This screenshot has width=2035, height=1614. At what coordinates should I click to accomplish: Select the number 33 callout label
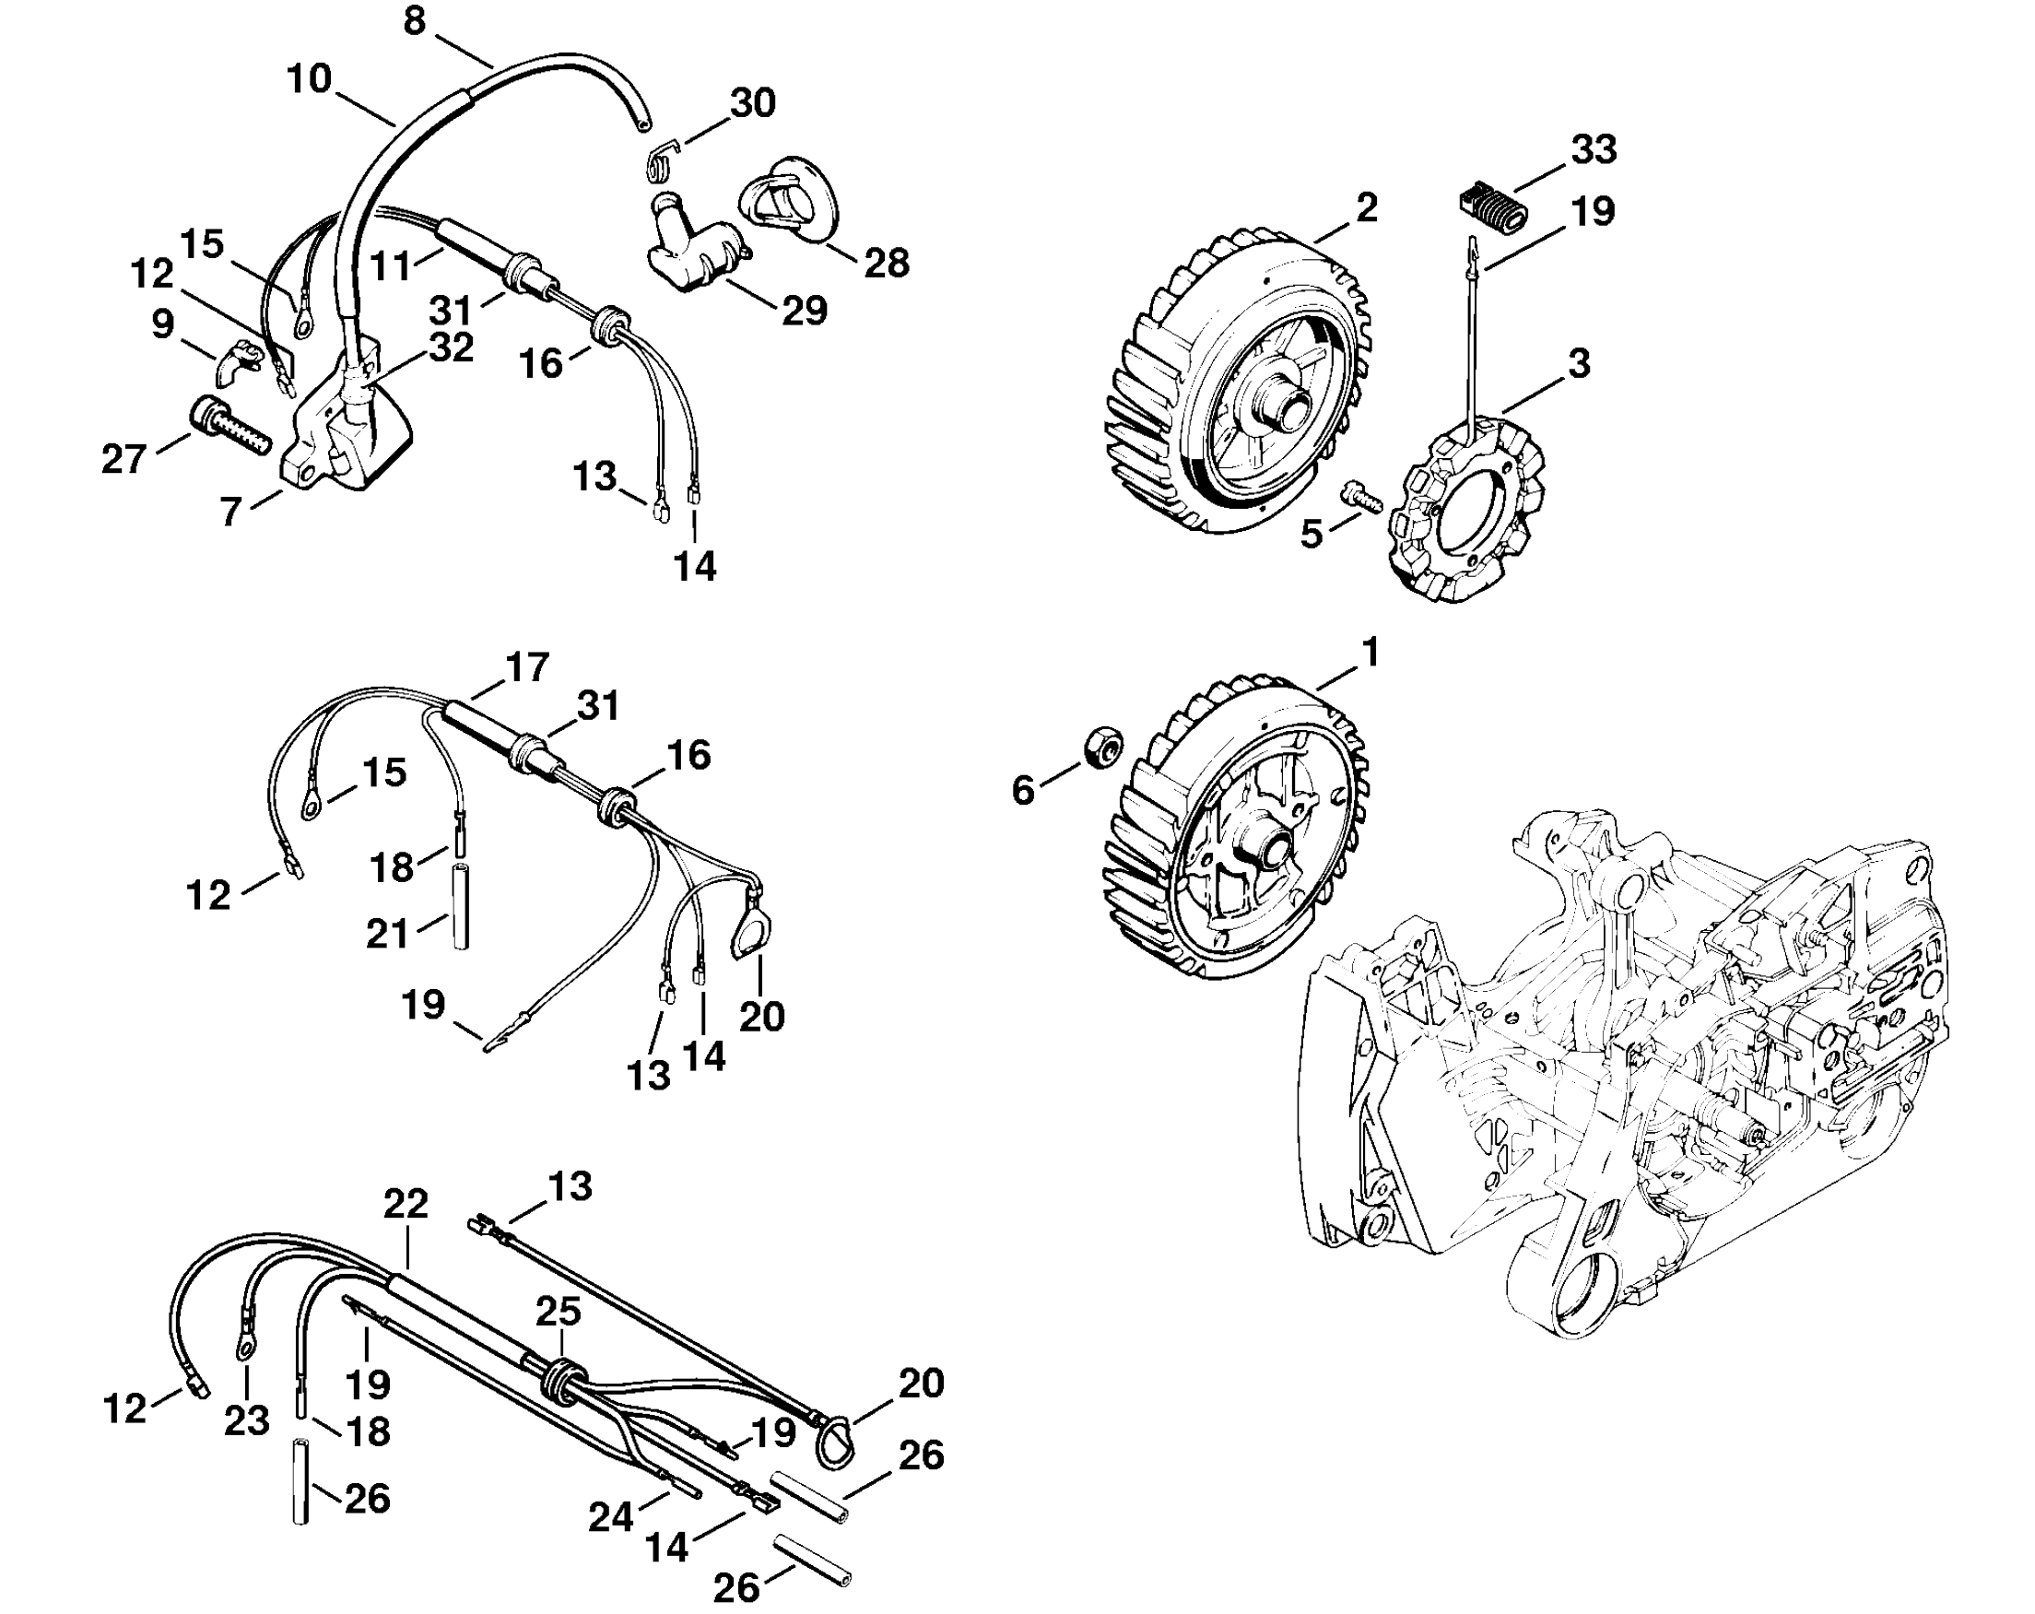coord(1594,149)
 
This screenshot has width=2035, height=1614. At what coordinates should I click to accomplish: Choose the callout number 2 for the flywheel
coord(1366,207)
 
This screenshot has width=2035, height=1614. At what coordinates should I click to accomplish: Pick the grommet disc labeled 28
coord(788,201)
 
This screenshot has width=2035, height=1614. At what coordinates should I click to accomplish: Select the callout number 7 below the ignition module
coord(231,512)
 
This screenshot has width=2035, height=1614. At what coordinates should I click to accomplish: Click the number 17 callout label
coord(526,667)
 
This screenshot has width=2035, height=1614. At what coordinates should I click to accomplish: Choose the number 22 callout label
coord(406,1204)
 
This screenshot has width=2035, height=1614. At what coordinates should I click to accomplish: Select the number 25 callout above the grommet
coord(559,1311)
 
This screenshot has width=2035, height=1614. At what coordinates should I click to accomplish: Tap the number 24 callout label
coord(611,1517)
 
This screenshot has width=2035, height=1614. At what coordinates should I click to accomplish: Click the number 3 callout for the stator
coord(1579,362)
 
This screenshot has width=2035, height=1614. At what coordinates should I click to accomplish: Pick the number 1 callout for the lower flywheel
coord(1370,653)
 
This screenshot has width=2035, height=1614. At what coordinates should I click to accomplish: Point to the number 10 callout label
coord(310,78)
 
